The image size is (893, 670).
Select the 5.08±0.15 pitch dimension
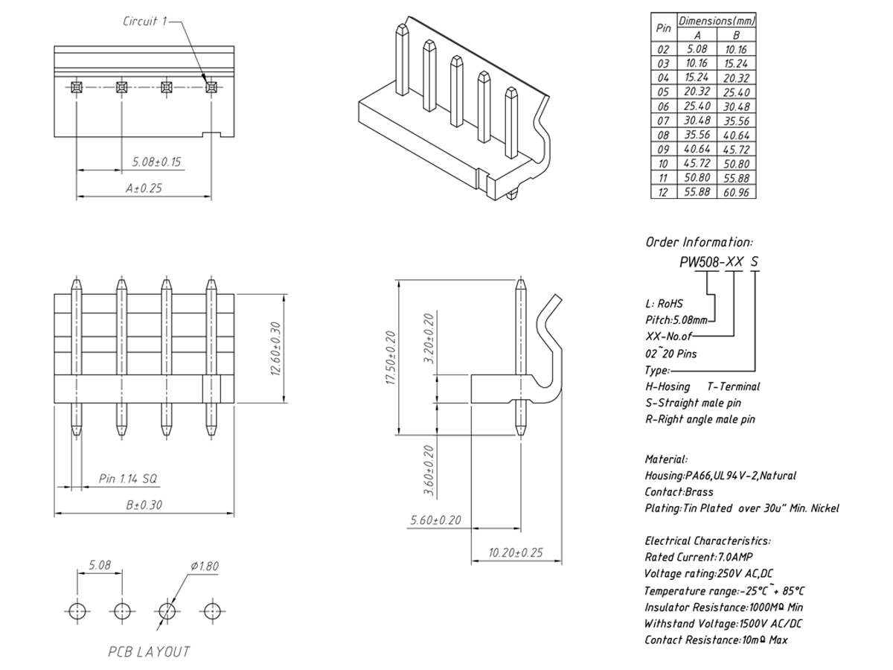pyautogui.click(x=156, y=162)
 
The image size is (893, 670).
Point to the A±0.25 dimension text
pyautogui.click(x=144, y=188)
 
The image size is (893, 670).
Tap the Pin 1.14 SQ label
pyautogui.click(x=128, y=479)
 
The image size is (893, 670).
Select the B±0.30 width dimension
pyautogui.click(x=144, y=505)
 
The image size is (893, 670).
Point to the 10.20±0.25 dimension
pyautogui.click(x=516, y=552)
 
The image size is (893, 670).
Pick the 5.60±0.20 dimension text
pyautogui.click(x=436, y=520)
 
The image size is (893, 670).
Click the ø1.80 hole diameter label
pyautogui.click(x=205, y=567)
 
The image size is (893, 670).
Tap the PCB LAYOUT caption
pyautogui.click(x=149, y=652)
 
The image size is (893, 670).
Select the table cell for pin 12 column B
pyautogui.click(x=735, y=192)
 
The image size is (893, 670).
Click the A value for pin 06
pyautogui.click(x=697, y=106)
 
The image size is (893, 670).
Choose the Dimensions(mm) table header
pyautogui.click(x=717, y=21)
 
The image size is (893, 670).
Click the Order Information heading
pyautogui.click(x=699, y=242)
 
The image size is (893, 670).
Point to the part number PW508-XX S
pyautogui.click(x=719, y=262)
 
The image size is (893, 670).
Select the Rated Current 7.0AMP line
pyautogui.click(x=699, y=557)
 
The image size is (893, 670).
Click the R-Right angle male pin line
pyautogui.click(x=700, y=419)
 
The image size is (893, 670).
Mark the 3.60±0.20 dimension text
pyautogui.click(x=429, y=470)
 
